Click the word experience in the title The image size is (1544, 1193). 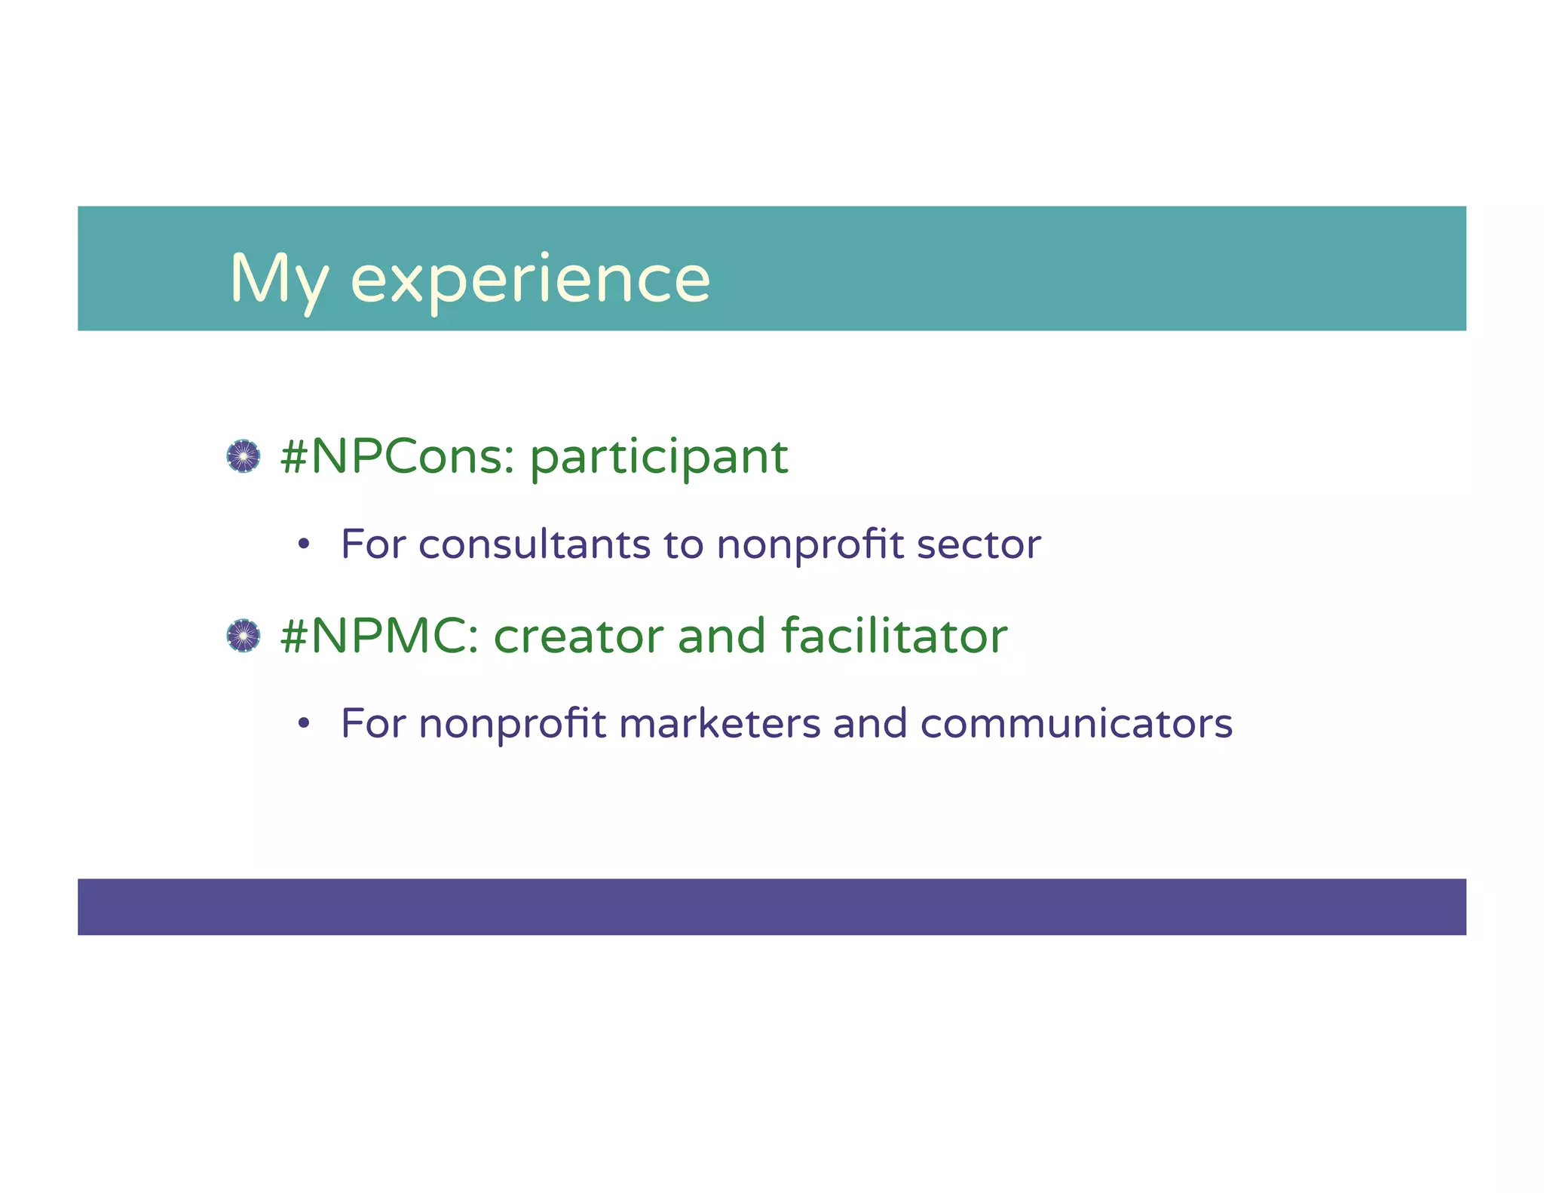tap(530, 281)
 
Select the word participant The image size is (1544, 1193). tap(659, 458)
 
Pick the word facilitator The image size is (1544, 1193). tap(894, 636)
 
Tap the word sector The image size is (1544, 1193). tap(978, 544)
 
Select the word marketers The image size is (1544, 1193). tap(718, 724)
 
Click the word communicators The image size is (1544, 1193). tap(1076, 724)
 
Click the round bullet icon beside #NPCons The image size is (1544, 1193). tap(244, 456)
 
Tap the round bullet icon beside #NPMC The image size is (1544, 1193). tap(244, 636)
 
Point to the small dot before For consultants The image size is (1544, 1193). tap(304, 544)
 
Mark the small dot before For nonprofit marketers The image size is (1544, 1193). tap(304, 724)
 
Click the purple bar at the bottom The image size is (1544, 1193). tap(772, 906)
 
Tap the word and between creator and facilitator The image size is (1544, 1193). tap(722, 636)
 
